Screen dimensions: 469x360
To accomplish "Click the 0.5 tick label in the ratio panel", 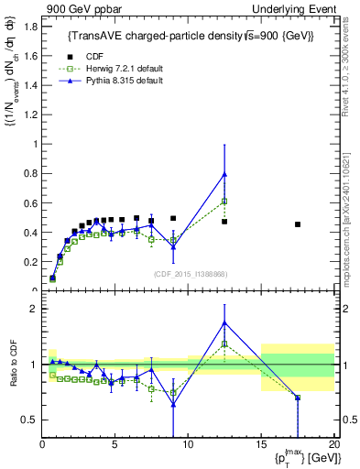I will [x=28, y=420].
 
